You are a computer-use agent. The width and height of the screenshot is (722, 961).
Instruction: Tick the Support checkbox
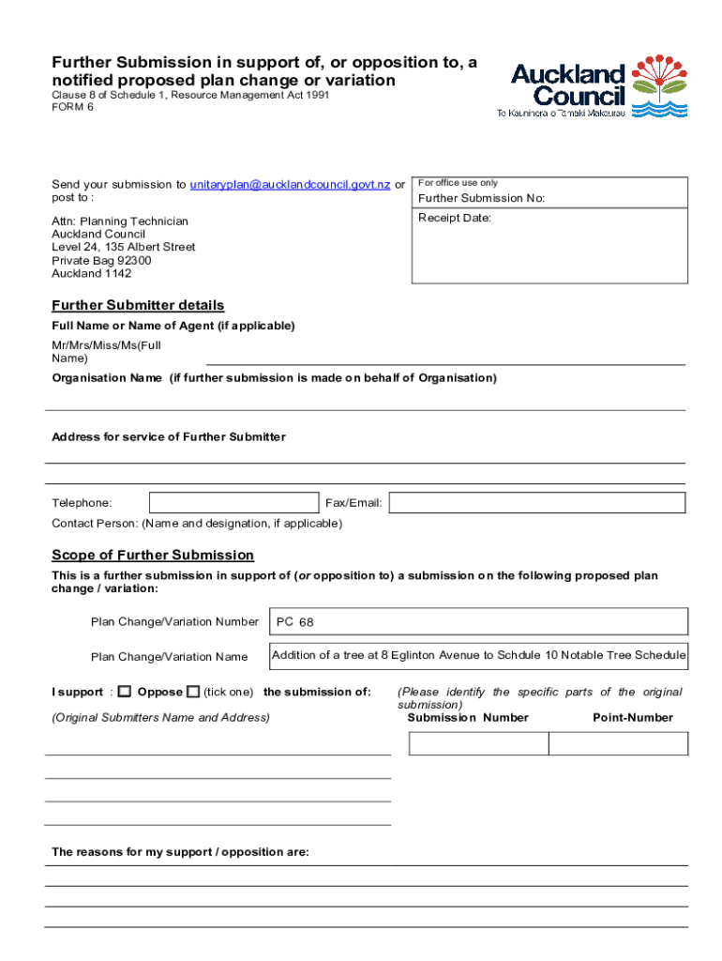coord(125,692)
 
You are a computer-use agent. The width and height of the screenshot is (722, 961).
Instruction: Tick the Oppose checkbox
coord(193,692)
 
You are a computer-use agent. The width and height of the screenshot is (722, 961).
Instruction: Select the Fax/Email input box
coord(537,503)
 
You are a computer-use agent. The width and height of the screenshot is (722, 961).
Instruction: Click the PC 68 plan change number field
coord(478,621)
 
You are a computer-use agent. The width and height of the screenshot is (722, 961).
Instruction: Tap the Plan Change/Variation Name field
coord(478,655)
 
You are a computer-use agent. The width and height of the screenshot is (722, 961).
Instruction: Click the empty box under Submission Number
coord(478,743)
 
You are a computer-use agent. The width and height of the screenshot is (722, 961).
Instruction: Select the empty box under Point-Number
coord(618,743)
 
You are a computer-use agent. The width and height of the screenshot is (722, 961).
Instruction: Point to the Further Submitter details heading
coord(138,306)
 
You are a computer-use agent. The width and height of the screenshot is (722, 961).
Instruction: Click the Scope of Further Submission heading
coord(153,556)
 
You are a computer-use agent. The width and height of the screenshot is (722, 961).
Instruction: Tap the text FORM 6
coord(72,107)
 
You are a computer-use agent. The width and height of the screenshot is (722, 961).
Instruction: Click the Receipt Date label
coord(455,218)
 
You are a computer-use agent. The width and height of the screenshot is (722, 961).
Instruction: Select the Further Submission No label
coord(481,199)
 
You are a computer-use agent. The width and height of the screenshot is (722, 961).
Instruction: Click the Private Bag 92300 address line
coord(101,261)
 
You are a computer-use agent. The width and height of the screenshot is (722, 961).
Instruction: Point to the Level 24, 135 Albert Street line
coord(124,248)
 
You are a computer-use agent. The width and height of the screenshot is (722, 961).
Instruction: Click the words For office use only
coord(458,183)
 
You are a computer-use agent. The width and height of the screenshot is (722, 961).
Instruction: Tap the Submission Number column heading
coord(468,718)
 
